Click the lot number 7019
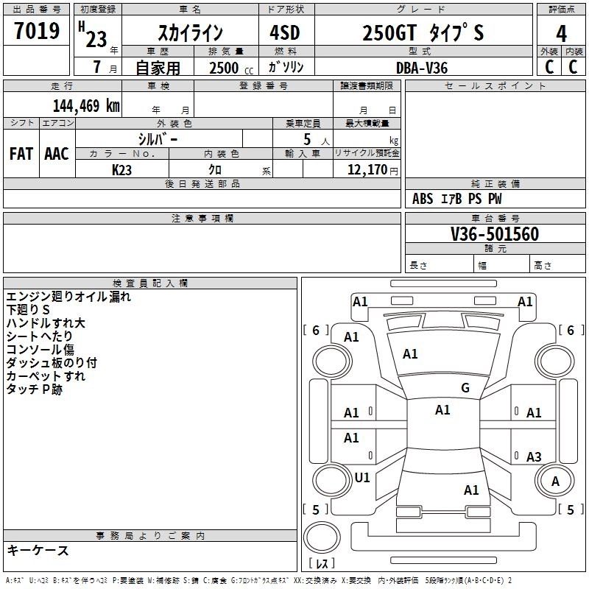point(36,31)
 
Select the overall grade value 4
point(561,33)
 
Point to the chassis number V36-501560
point(495,234)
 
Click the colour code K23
point(122,169)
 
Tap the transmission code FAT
point(21,153)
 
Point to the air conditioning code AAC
point(57,153)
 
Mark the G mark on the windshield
point(465,388)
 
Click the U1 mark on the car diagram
point(362,478)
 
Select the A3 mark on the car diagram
point(534,457)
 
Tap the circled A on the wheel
point(555,481)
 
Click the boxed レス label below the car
point(322,563)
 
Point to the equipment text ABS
point(423,199)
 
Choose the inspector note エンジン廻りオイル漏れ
point(68,297)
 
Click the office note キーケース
point(38,550)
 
